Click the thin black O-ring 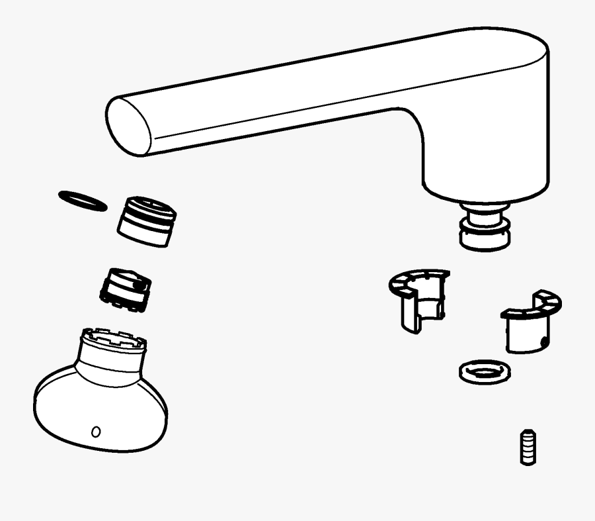(82, 201)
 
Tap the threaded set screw (527, 448)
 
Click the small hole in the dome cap (96, 432)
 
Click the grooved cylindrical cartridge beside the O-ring (147, 222)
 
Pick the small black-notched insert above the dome (126, 290)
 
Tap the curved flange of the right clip (533, 307)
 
